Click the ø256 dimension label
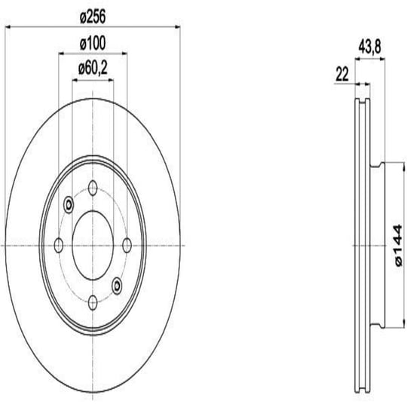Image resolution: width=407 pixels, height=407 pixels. (x=93, y=17)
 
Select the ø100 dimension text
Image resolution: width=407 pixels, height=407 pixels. (x=93, y=44)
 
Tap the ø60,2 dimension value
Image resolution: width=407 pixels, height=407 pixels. (x=93, y=69)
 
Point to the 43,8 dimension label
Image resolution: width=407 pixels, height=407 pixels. (x=369, y=47)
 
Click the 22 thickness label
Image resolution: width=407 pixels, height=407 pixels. (x=342, y=74)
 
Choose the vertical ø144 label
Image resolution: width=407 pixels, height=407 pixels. (x=399, y=245)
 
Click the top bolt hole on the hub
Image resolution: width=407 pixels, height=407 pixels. (x=93, y=188)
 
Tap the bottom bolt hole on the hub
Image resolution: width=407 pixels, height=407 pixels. (x=93, y=302)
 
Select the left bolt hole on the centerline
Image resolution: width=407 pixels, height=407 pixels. (x=59, y=245)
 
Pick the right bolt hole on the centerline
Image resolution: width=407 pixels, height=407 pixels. (x=127, y=245)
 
